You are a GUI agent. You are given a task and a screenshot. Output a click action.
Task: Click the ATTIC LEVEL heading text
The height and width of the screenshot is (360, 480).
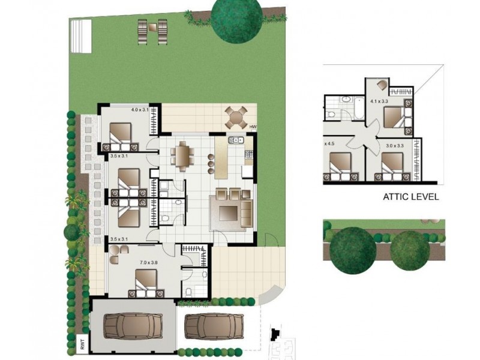[411, 196]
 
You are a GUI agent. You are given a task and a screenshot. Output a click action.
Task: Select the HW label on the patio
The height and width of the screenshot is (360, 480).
[253, 127]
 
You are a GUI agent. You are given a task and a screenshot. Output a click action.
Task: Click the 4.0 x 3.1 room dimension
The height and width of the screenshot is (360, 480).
[140, 110]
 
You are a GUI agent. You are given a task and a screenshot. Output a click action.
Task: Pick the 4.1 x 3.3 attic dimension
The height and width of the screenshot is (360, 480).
[379, 102]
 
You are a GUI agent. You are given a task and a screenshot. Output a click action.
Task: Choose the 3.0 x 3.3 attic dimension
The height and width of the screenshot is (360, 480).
[394, 145]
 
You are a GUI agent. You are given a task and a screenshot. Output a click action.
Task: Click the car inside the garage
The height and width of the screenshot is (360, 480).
[133, 327]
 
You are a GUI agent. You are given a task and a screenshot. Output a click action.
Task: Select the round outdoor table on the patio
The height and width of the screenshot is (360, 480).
[236, 116]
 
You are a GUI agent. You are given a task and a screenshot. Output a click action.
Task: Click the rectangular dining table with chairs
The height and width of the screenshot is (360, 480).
[182, 156]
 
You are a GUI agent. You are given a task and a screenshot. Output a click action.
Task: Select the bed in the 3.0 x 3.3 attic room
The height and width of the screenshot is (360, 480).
[392, 166]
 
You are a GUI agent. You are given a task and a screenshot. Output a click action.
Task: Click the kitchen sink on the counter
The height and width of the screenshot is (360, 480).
[235, 140]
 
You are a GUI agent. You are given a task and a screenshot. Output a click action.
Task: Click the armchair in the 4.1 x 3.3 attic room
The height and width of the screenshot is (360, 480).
[383, 85]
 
